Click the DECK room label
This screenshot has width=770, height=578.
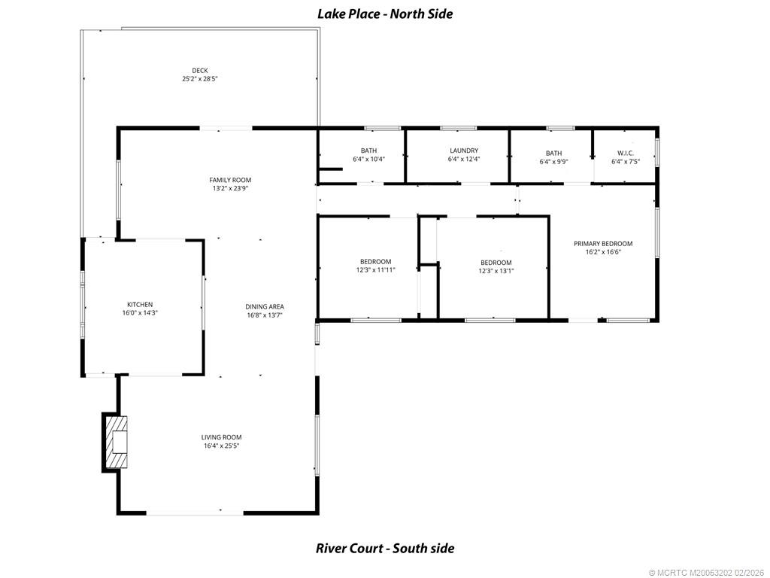coord(200,71)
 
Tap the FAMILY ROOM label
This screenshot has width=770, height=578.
coord(230,180)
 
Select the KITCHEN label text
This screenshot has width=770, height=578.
coord(140,305)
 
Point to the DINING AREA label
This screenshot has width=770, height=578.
coord(265,307)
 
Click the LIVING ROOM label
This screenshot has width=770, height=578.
coord(222,437)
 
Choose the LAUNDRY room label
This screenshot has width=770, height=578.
coord(464,151)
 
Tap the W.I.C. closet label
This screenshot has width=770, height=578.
coord(626,153)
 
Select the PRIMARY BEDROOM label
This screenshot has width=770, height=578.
coord(603,243)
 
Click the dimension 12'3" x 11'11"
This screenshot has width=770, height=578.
coord(376,270)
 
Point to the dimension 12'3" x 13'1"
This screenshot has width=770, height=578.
coord(496,271)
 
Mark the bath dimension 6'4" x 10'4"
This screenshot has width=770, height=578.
coord(368,160)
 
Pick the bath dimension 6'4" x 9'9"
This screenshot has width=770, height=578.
coord(554,161)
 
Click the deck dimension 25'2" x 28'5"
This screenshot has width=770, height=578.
coord(200,78)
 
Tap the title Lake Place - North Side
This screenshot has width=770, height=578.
coord(385,14)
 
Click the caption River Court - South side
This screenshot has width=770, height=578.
coord(385,548)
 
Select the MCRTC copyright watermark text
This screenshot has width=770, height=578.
coord(708,573)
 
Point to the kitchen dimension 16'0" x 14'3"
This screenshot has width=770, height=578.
coord(140,312)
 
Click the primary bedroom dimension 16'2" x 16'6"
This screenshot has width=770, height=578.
coord(603,251)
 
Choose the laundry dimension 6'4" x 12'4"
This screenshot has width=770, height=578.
coord(464,159)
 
